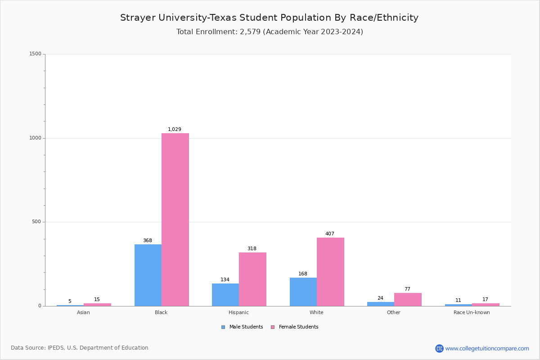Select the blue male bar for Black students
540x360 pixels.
point(148,275)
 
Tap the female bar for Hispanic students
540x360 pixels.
point(252,279)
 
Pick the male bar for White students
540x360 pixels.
point(303,292)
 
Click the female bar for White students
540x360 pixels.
point(330,272)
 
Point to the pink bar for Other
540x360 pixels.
point(408,299)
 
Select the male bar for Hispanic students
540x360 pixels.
point(225,295)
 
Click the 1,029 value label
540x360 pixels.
point(175,130)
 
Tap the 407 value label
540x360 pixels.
point(330,234)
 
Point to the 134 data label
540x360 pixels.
point(225,280)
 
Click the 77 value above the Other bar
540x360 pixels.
point(407,289)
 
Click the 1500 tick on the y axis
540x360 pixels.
point(35,54)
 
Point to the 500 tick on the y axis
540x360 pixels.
point(36,222)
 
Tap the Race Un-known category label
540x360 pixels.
point(472,313)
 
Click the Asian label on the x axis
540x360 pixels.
point(83,313)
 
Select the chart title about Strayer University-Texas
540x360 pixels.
point(269,18)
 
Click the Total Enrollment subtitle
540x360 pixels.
point(270,32)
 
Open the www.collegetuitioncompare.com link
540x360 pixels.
point(487,348)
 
